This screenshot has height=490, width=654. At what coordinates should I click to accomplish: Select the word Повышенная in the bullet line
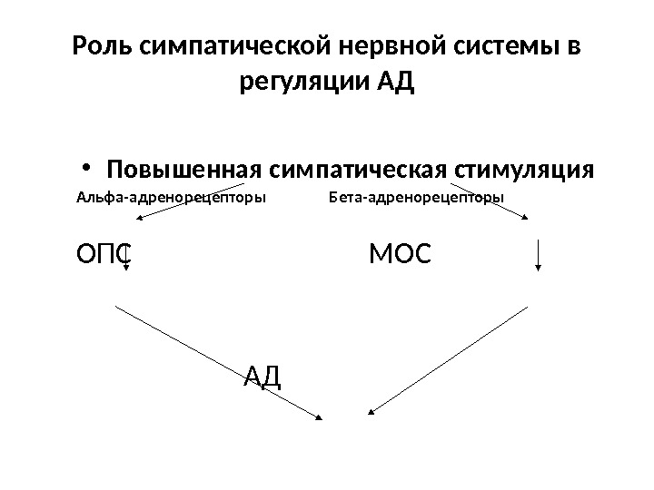click(x=183, y=171)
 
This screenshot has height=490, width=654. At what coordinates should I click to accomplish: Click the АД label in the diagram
click(x=264, y=373)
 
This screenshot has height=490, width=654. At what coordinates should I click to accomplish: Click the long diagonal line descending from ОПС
click(x=218, y=361)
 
